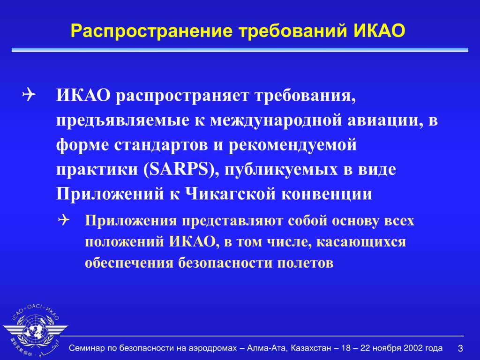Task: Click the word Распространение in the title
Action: coord(151,31)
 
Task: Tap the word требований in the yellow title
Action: coord(293,30)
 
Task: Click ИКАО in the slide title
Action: coord(380,30)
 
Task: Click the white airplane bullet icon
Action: coord(29,95)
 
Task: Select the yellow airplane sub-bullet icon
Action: coord(63,220)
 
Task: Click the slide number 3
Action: coord(460,348)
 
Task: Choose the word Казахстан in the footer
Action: coord(311,348)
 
